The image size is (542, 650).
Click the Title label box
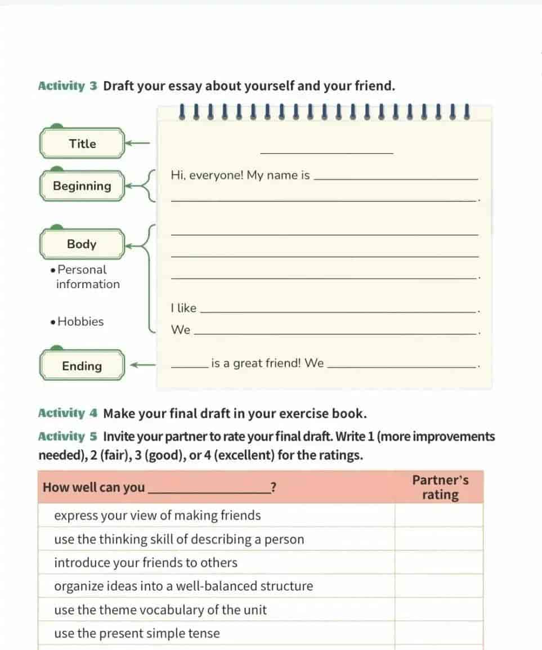coord(82,144)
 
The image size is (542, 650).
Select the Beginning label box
coord(82,186)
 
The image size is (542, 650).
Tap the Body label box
coord(82,244)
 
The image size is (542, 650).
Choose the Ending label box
coord(82,366)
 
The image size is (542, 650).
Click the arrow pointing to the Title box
coord(137,144)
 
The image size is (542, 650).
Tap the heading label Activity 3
coord(68,87)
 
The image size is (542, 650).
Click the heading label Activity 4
coord(68,414)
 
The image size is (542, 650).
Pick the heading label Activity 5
coord(68,437)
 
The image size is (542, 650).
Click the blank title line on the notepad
coord(326,152)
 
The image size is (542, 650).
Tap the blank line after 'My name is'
coord(395,178)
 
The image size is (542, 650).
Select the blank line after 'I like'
coord(338,311)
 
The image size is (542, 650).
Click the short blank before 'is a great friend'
coord(189,367)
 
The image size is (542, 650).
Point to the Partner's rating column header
coord(440,487)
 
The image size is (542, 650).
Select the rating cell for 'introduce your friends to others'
coord(439,563)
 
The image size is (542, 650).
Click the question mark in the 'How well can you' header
coord(273,488)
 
